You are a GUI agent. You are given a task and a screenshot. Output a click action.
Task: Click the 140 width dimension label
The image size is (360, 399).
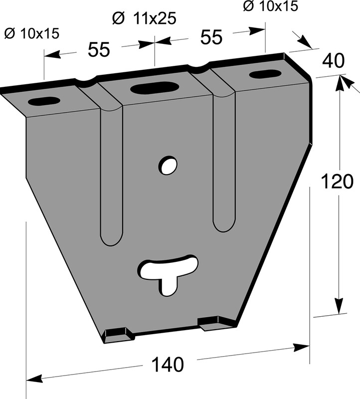(168, 365)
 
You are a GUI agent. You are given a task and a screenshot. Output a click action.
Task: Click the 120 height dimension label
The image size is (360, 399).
(337, 181)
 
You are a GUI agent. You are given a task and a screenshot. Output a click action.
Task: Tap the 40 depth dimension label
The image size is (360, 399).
(333, 61)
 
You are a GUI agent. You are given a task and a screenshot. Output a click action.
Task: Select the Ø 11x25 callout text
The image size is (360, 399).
(144, 18)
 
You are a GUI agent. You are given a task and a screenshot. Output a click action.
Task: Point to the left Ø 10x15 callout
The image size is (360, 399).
(32, 33)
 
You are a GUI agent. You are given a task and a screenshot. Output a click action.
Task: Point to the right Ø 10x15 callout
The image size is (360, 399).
(270, 6)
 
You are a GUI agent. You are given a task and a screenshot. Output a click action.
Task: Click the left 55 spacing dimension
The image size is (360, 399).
(99, 49)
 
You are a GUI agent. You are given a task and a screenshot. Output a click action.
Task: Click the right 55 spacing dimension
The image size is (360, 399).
(211, 37)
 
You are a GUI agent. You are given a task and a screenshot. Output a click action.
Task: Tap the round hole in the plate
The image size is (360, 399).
(168, 165)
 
